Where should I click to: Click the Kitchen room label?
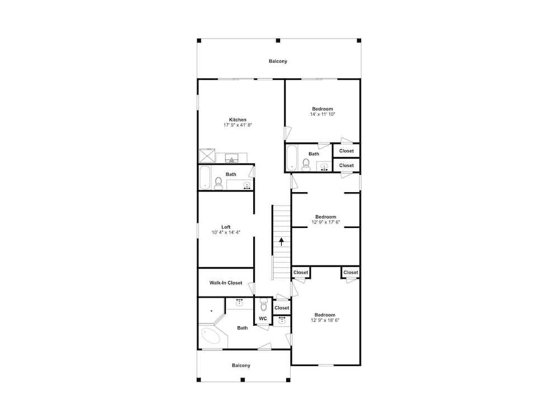238,120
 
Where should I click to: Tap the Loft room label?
226,227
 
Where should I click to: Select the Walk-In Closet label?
226,283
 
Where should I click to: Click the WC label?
263,318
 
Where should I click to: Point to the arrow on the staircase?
282,241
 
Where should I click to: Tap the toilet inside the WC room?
263,304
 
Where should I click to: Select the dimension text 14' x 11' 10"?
323,115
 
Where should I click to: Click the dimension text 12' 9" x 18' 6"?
325,320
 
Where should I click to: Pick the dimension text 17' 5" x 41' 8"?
238,125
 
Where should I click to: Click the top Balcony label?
278,61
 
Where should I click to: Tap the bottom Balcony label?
241,365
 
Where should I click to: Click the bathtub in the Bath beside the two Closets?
292,157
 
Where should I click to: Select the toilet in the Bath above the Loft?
219,183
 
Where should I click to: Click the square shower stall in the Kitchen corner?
207,156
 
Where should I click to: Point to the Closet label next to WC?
282,308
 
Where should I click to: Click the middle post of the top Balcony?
278,41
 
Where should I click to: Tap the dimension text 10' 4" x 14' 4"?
226,232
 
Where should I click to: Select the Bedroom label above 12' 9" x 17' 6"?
325,217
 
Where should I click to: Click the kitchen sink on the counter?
232,158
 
